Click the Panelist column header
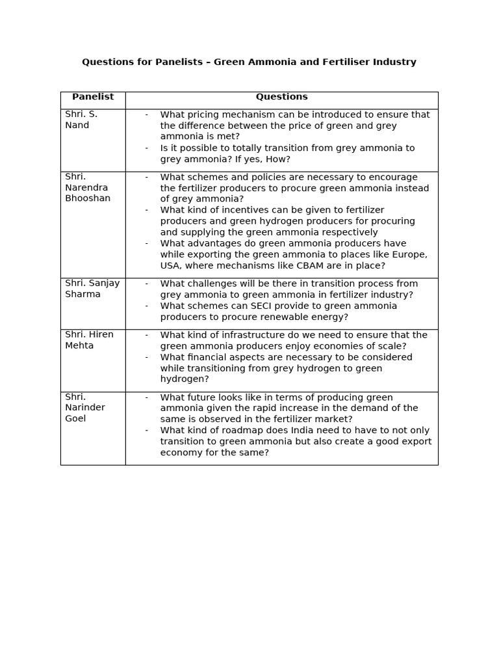pos(93,97)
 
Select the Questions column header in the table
pos(281,97)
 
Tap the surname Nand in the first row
pos(77,126)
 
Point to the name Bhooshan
pos(88,198)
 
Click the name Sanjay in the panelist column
pos(105,284)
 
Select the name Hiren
pos(99,335)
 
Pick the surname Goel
pos(75,419)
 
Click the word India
pos(294,431)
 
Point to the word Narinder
pos(85,408)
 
